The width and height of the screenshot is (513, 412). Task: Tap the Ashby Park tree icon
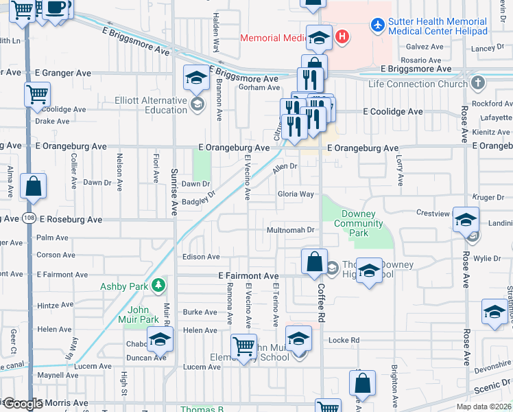[159, 284]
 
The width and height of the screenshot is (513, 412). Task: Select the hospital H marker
[342, 36]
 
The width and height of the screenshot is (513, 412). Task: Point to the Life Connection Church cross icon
[477, 84]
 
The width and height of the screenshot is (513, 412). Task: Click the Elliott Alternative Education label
[156, 105]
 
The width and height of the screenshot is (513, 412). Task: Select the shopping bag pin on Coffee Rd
[314, 261]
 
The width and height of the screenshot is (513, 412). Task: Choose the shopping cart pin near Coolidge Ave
[36, 94]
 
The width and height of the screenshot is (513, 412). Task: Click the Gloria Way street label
[296, 194]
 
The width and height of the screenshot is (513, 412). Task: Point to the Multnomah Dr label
[290, 230]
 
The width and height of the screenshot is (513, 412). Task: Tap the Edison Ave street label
[201, 257]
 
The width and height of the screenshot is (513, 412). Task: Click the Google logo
[21, 404]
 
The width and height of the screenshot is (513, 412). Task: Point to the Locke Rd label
[344, 340]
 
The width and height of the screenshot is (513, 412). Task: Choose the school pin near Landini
[466, 220]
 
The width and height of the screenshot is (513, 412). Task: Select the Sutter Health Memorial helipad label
[438, 26]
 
